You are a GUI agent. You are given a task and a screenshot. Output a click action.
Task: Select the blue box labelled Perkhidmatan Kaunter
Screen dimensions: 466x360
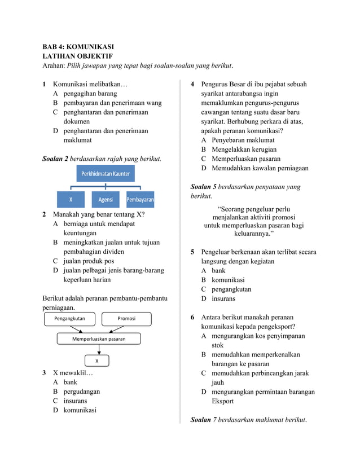coord(106,174)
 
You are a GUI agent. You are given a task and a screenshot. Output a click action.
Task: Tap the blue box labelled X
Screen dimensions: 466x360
coord(71,200)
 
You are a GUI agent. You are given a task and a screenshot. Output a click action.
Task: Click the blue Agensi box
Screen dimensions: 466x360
coord(106,200)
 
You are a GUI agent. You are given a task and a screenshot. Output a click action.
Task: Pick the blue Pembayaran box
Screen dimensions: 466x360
coord(141,200)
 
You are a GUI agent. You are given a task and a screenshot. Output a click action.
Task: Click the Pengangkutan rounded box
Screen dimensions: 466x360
coord(69,319)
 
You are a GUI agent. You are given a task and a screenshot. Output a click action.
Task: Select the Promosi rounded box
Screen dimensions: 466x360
coord(126,319)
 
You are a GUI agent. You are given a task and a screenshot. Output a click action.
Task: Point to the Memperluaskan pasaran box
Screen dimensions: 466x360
coord(99,339)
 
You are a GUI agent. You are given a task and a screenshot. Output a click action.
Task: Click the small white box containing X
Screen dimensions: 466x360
coord(97,361)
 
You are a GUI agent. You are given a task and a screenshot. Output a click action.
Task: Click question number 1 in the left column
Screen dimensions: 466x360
coord(45,84)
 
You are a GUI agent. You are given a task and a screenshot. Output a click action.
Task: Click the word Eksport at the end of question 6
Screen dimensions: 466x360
coord(223,401)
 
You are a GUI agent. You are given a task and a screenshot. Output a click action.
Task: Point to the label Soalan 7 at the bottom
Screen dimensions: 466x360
coord(204,420)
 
